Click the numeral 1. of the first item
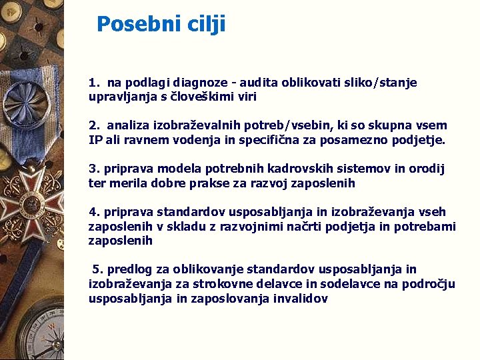(x=94, y=83)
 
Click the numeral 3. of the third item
(x=94, y=169)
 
